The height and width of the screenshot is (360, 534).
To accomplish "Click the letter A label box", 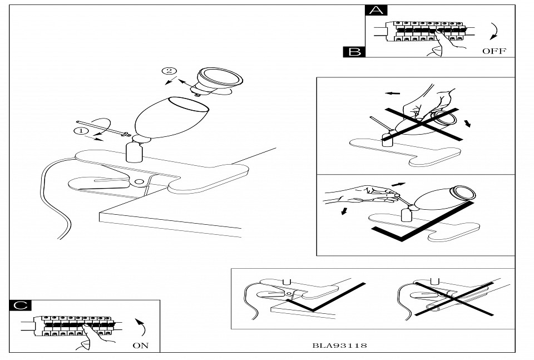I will pos(377,11).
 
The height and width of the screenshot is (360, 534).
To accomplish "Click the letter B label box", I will pos(354,52).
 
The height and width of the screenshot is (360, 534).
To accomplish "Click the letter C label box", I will pos(20,305).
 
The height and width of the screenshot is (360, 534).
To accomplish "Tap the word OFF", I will pos(494,51).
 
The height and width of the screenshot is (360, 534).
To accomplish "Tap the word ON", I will pos(141,346).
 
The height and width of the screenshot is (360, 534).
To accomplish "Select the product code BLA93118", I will pos(339,346).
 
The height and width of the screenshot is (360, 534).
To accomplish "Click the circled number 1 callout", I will pos(80,131).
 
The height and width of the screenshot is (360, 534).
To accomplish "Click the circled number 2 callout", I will pos(169,71).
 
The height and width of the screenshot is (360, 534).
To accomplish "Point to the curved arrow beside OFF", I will pos(492,32).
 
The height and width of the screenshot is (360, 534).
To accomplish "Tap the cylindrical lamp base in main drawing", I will pos(133,151).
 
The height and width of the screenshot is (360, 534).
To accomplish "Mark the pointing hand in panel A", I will pos(442,45).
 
